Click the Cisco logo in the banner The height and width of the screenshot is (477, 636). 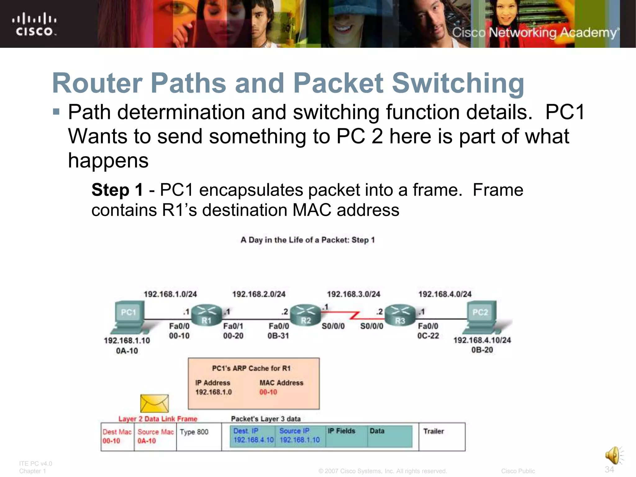(x=34, y=24)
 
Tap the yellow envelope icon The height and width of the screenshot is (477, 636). (x=154, y=403)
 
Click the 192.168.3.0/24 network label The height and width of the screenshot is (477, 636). (x=353, y=294)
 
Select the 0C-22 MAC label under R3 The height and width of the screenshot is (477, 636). (x=428, y=336)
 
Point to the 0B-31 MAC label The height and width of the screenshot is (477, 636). (x=278, y=336)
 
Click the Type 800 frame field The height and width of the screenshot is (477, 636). (x=194, y=432)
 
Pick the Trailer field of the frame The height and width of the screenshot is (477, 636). (x=434, y=431)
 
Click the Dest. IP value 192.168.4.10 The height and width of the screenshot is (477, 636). (x=253, y=440)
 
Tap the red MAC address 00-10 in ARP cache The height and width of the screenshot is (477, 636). (x=268, y=392)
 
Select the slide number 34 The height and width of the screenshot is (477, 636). (x=609, y=469)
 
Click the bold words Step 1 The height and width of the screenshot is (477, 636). (x=117, y=190)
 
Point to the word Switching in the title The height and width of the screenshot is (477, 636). (x=458, y=83)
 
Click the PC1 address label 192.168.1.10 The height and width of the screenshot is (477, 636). (x=127, y=341)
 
